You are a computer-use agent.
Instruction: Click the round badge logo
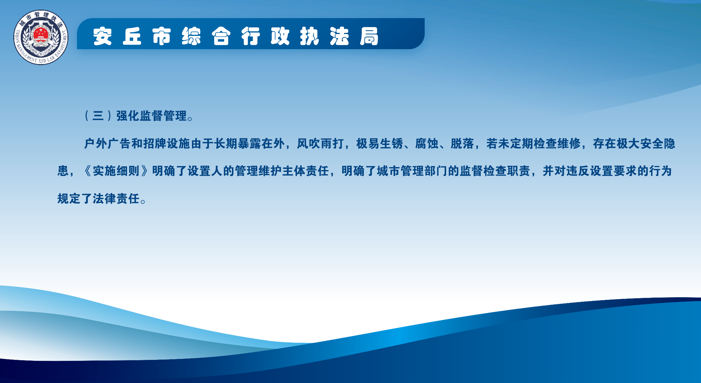(41, 37)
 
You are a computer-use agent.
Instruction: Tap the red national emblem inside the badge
(41, 35)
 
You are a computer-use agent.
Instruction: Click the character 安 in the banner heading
(102, 36)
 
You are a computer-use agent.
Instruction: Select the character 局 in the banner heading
(369, 36)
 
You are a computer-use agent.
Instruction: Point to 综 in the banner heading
(191, 36)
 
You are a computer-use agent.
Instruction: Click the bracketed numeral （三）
(98, 116)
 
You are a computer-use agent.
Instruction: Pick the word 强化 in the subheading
(128, 116)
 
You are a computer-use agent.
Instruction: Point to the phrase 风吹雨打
(320, 143)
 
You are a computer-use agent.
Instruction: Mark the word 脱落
(462, 143)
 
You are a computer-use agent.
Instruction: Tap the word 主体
(294, 171)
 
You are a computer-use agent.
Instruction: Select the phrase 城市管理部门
(412, 171)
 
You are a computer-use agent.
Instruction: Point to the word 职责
(519, 171)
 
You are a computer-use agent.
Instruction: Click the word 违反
(578, 171)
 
